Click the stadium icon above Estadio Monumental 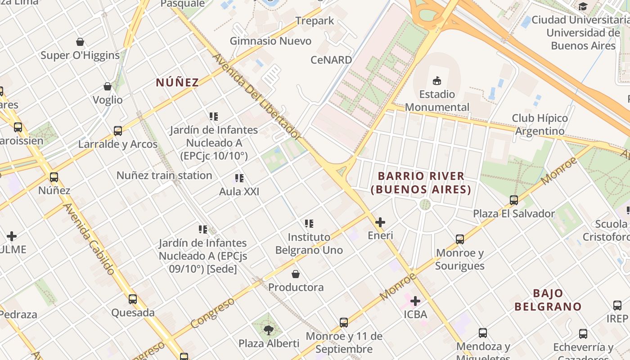coord(436,81)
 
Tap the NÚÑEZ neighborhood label coord(177,82)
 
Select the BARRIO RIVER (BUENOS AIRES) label coord(421,183)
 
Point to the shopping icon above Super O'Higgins coord(80,42)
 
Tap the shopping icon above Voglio coord(108,86)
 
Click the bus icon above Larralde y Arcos coord(118,131)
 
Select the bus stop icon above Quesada coord(133,299)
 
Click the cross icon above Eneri coord(380,222)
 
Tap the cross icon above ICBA coord(415,301)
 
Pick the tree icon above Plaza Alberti coord(269,330)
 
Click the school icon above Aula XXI coord(239,179)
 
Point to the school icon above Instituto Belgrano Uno coord(309,224)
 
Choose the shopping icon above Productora coord(296,274)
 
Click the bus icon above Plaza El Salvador coord(514,200)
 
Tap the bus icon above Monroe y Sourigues coord(459,239)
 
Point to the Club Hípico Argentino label coord(540,125)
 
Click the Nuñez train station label coord(164,175)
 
